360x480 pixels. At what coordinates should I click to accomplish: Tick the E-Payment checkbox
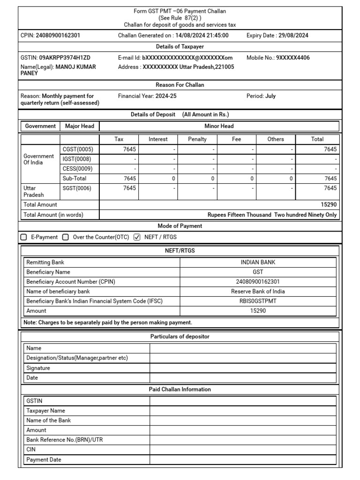point(24,237)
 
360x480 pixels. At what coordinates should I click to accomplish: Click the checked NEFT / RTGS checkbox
point(137,237)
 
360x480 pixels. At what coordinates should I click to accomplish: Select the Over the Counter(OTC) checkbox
point(66,237)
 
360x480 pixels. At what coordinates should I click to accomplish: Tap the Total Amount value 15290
point(328,205)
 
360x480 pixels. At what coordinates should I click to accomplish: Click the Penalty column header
point(197,139)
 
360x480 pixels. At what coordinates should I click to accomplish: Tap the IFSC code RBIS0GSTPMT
point(258,301)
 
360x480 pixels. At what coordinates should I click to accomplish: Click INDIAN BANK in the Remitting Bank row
point(258,262)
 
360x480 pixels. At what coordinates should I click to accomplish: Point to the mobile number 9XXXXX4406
point(292,58)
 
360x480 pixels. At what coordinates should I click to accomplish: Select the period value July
point(270,96)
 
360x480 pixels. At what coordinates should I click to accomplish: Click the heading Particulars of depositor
point(180,337)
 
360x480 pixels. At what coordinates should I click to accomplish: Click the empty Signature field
point(243,368)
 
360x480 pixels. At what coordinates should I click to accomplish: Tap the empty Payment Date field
point(243,460)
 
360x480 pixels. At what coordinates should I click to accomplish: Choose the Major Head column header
point(80,126)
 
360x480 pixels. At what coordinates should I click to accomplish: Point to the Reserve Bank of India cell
point(258,292)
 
